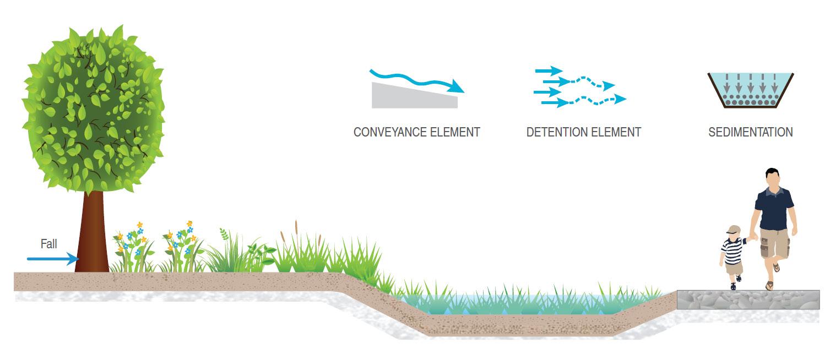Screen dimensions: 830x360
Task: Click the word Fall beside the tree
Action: coord(48,244)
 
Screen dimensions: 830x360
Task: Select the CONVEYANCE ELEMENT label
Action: coord(416,132)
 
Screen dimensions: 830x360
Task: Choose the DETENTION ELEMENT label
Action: coord(583,132)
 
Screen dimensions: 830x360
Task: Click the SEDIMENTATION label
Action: coord(750,132)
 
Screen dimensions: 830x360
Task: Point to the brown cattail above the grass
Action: coord(296,227)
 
